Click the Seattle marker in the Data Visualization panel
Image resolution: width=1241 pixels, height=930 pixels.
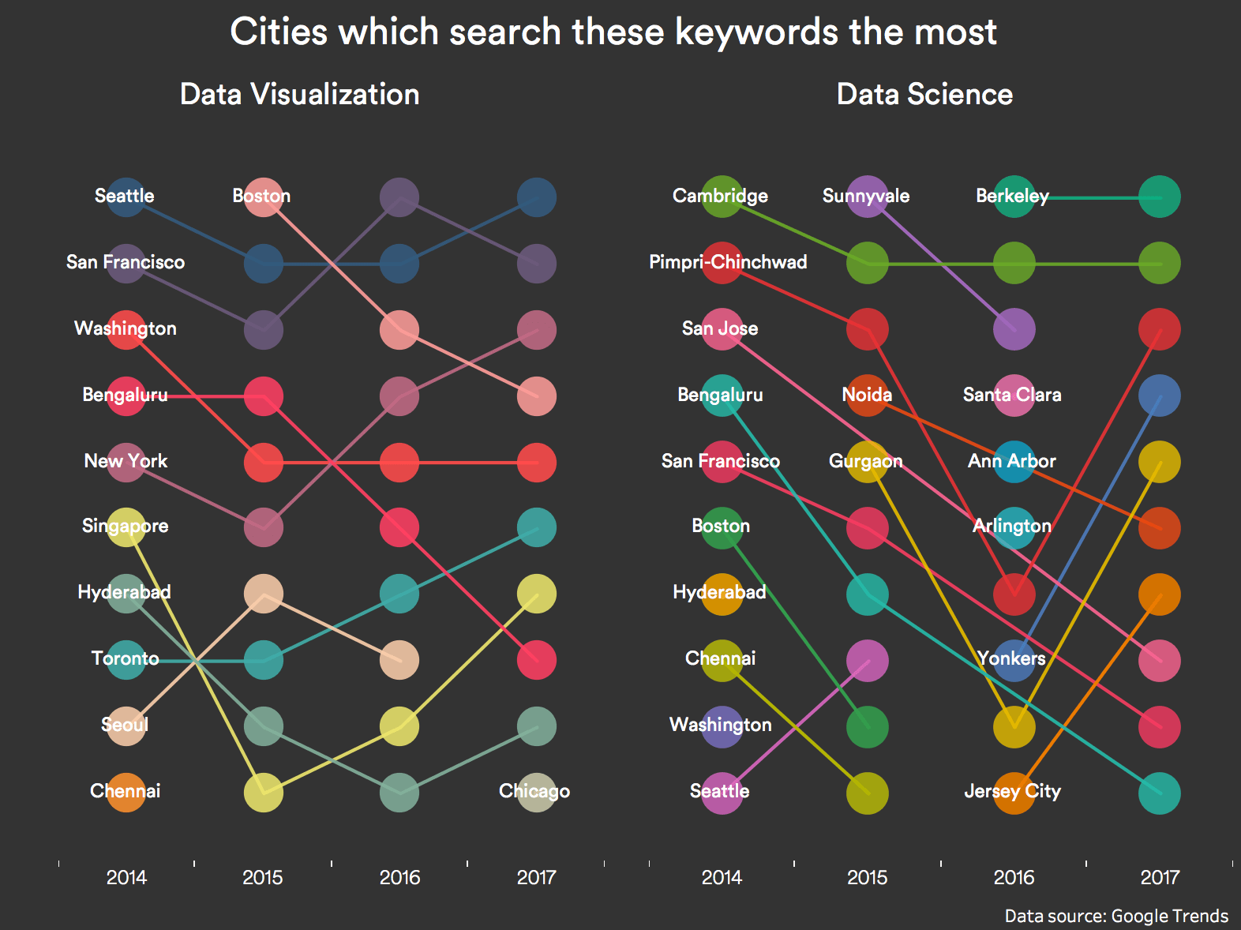point(126,197)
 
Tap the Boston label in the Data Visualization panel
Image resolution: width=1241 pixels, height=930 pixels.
point(261,196)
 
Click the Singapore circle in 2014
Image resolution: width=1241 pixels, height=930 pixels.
point(126,527)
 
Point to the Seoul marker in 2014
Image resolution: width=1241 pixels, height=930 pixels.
point(126,726)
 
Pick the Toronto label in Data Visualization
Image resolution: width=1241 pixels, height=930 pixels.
point(125,658)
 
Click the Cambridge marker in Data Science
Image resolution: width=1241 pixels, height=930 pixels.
point(721,197)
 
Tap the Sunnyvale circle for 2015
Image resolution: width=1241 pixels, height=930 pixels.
point(867,197)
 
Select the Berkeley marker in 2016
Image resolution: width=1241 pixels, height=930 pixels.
point(1014,197)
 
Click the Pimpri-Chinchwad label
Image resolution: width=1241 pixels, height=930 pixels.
point(728,262)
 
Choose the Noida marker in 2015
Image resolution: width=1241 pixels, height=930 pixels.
point(867,396)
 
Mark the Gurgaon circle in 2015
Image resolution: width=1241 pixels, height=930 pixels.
point(867,463)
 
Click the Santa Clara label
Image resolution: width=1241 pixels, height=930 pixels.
point(1012,395)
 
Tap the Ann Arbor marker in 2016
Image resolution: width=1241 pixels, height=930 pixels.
point(1014,463)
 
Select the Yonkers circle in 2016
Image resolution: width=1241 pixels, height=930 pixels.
point(1014,660)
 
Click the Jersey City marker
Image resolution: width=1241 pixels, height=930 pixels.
point(1014,793)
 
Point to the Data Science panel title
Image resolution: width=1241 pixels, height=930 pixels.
point(924,95)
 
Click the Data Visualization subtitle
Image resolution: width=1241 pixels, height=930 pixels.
point(300,95)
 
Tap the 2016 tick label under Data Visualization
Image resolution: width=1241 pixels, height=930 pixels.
point(399,877)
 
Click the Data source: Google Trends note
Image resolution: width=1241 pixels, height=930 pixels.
point(1116,916)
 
